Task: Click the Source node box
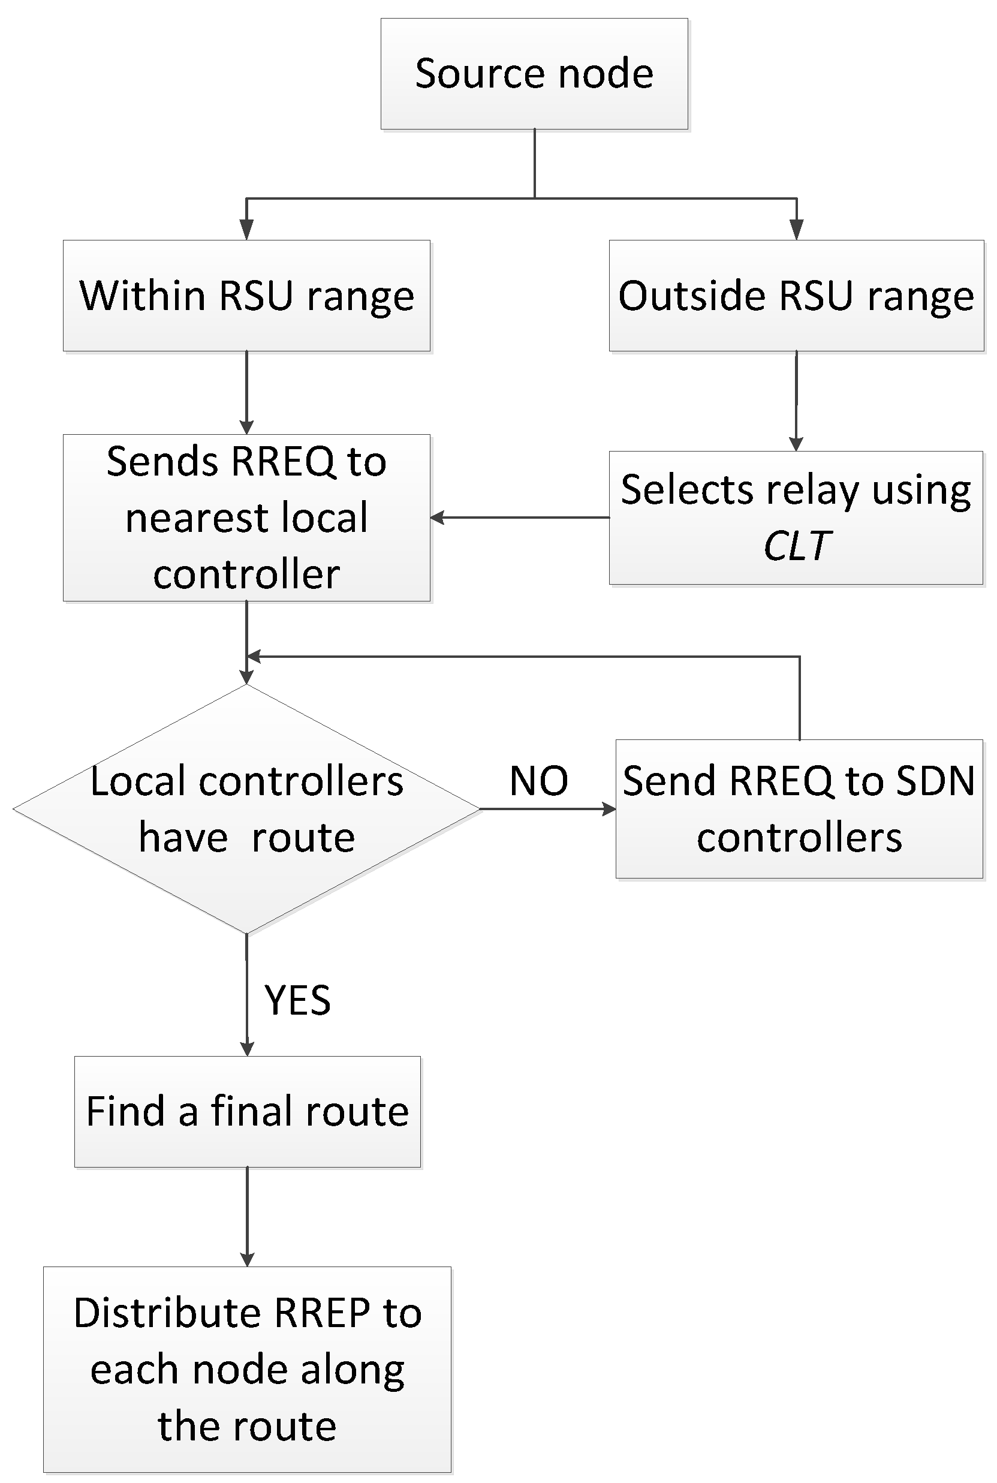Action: click(534, 74)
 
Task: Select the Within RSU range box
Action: click(247, 296)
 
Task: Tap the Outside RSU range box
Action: click(796, 296)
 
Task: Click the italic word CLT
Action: click(796, 546)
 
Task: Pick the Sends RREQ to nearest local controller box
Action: click(247, 518)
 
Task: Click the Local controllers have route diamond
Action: click(247, 809)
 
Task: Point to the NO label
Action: click(538, 781)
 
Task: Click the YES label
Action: click(297, 1000)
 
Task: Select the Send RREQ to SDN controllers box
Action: click(799, 809)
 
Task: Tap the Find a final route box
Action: click(248, 1112)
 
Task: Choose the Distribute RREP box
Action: click(248, 1369)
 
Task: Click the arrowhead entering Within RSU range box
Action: click(247, 230)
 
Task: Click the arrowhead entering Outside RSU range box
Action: click(796, 230)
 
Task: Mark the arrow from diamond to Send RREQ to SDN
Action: click(547, 809)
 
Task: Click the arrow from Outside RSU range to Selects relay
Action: click(796, 401)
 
